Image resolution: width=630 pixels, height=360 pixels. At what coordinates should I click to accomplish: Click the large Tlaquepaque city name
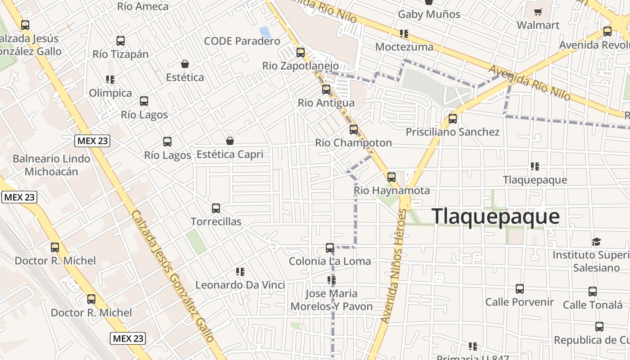[x=495, y=216]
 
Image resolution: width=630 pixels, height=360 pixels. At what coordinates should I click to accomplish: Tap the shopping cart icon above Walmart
[x=538, y=12]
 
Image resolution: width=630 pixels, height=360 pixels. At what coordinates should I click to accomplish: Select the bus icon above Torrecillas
[x=216, y=208]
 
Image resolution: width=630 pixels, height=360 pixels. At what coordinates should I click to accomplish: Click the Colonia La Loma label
[x=330, y=261]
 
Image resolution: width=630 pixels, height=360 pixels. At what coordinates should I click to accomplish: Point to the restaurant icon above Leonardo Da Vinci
[x=240, y=272]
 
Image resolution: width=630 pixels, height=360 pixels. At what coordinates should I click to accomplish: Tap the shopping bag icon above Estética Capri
[x=230, y=141]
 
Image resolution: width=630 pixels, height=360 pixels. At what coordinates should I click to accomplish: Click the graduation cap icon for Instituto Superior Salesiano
[x=597, y=242]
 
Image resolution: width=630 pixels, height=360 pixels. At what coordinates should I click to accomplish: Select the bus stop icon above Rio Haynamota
[x=391, y=177]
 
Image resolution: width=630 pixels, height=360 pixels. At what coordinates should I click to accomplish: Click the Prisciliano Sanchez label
[x=453, y=132]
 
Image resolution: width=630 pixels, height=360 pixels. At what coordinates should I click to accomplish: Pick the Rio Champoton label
[x=353, y=143]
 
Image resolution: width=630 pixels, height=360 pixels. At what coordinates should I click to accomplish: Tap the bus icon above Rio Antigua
[x=326, y=90]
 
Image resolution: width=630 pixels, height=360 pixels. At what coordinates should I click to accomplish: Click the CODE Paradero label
[x=242, y=41]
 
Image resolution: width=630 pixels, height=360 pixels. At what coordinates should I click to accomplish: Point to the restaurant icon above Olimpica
[x=110, y=80]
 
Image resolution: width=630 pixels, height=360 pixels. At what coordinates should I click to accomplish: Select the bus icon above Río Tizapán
[x=121, y=41]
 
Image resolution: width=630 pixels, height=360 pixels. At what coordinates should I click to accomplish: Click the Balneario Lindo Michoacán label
[x=51, y=165]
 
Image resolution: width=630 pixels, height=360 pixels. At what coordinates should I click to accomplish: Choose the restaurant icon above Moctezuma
[x=404, y=34]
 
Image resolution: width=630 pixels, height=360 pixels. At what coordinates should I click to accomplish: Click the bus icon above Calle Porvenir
[x=520, y=289]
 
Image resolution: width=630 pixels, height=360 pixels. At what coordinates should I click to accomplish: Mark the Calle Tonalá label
[x=593, y=305]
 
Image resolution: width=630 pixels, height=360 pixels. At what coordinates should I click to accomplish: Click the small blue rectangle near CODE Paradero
[x=265, y=32]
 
